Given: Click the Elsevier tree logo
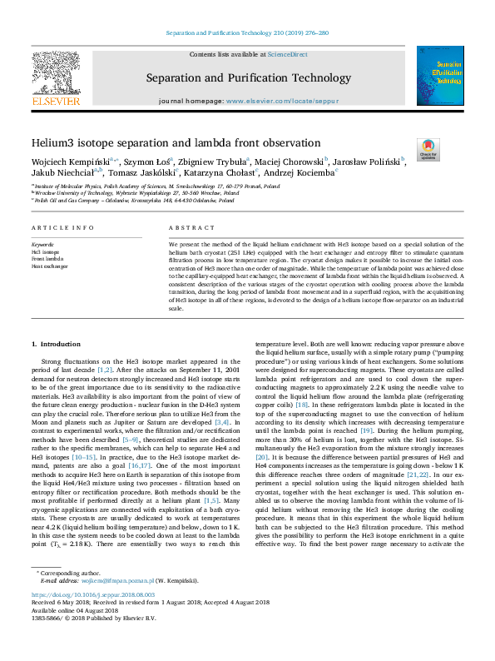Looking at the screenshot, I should pyautogui.click(x=55, y=80).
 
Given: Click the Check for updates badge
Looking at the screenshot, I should pyautogui.click(x=428, y=149).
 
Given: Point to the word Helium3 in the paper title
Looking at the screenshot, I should pyautogui.click(x=52, y=143).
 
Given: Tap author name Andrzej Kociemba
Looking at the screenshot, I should pyautogui.click(x=300, y=172).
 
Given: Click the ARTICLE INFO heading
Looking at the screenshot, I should pyautogui.click(x=57, y=227).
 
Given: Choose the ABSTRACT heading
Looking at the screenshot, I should pyautogui.click(x=186, y=227).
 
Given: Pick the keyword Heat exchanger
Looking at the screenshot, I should pyautogui.click(x=49, y=266).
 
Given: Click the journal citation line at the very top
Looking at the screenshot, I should pyautogui.click(x=247, y=33).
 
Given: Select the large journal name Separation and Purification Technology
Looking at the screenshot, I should pyautogui.click(x=249, y=78).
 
